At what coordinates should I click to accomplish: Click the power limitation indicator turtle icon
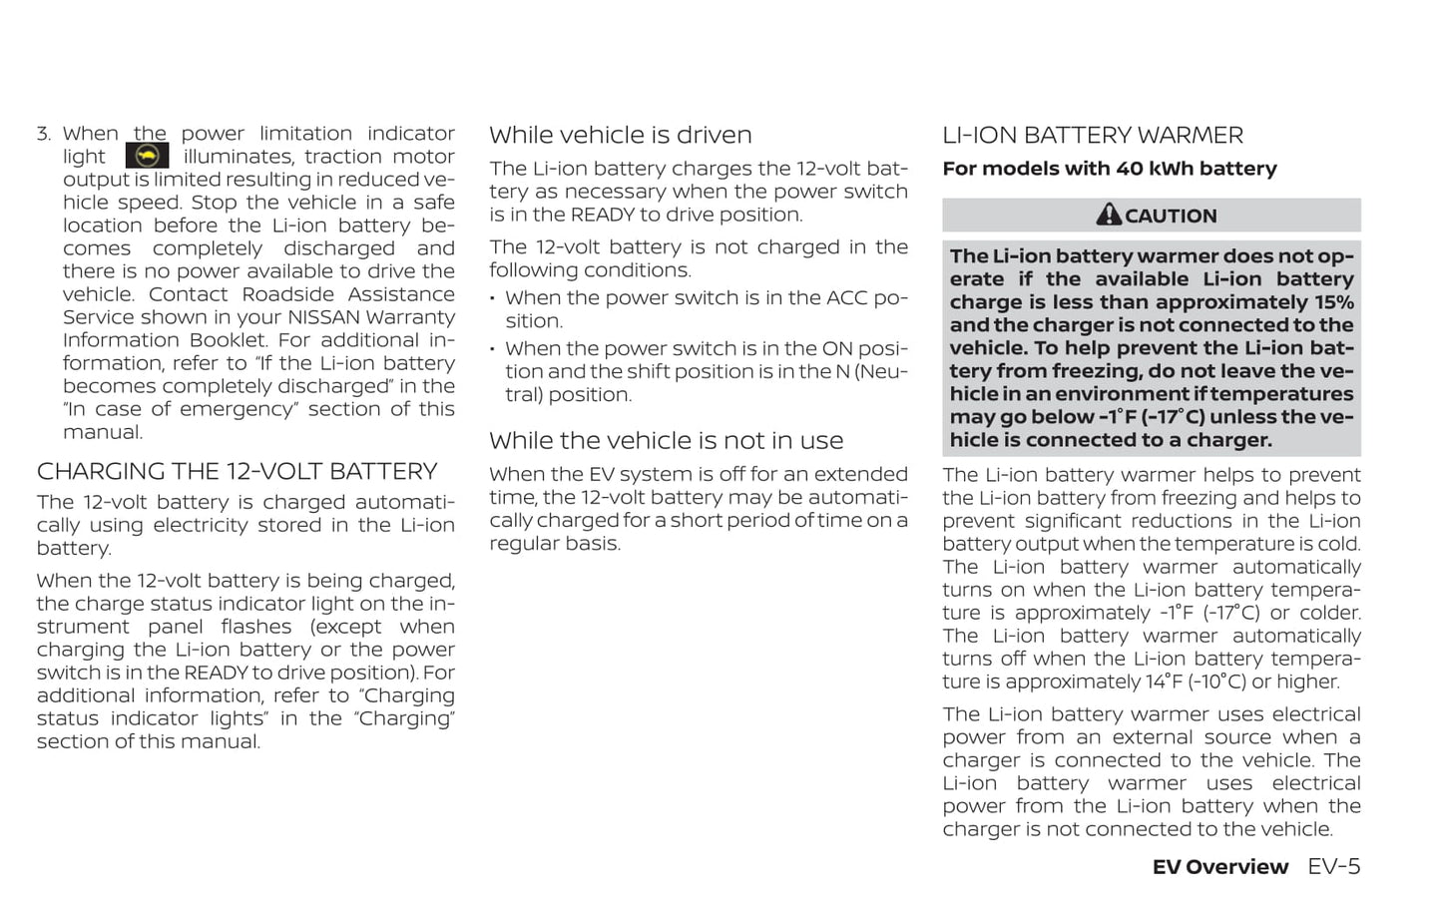click(x=147, y=156)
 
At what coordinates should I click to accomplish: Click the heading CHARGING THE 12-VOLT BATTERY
click(x=237, y=471)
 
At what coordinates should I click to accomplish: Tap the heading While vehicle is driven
click(x=620, y=135)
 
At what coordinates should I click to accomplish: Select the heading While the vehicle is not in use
click(x=666, y=440)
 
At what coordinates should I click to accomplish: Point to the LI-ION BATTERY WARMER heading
click(x=1092, y=135)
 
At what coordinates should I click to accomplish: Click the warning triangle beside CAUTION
click(x=1108, y=215)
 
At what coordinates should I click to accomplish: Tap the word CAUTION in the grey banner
click(x=1171, y=216)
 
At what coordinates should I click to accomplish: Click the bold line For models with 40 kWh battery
click(x=1109, y=169)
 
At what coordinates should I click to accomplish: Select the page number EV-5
click(x=1333, y=866)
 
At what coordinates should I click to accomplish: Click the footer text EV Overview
click(x=1219, y=867)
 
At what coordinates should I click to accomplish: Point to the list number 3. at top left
click(x=44, y=134)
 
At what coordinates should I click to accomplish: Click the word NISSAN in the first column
click(x=324, y=317)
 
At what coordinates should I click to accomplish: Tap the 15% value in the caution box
click(x=1334, y=302)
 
